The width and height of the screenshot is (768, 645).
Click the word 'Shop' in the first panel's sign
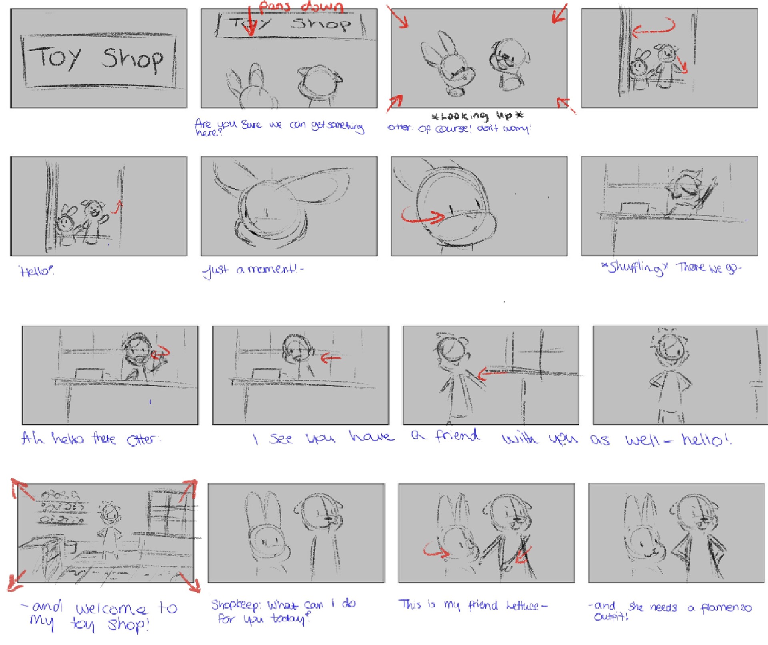132,59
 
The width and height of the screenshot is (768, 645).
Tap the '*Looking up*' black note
477,116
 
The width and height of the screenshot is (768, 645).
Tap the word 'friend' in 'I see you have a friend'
457,435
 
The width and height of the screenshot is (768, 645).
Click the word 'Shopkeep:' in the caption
236,605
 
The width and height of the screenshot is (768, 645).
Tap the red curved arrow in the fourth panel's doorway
654,27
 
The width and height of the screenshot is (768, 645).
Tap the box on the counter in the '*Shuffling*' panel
635,208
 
